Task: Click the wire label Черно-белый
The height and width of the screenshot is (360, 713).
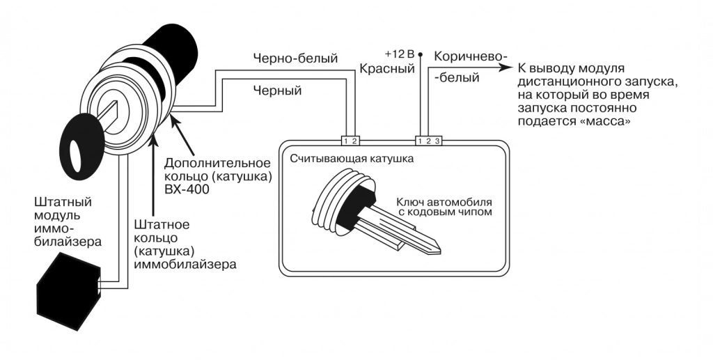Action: [x=295, y=58]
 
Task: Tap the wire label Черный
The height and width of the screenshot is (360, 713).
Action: [x=277, y=91]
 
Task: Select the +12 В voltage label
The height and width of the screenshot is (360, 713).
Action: [x=400, y=54]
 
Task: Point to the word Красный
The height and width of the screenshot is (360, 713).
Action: [x=387, y=69]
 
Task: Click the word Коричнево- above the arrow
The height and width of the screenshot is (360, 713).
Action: [x=470, y=56]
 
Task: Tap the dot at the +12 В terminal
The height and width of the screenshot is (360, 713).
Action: [x=420, y=54]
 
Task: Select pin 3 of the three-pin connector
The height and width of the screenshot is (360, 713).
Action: [x=437, y=141]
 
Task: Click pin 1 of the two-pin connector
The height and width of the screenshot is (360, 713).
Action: [x=345, y=141]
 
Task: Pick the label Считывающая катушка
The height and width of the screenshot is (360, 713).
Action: [x=352, y=159]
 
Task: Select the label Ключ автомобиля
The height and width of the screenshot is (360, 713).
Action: [x=444, y=201]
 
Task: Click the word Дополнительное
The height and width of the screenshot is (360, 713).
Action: [x=217, y=163]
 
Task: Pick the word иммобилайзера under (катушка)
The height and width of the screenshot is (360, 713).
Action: [x=185, y=264]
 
